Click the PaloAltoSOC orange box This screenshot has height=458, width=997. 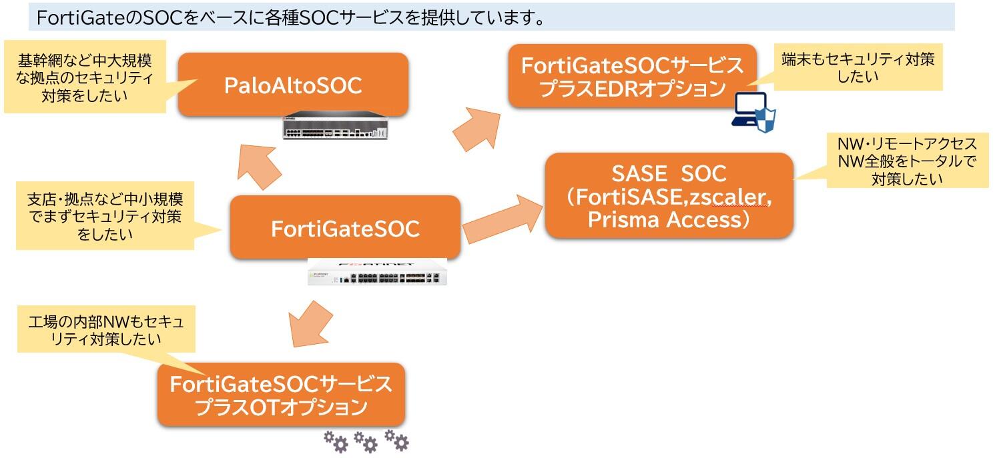tap(294, 85)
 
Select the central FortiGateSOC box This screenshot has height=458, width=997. tap(345, 228)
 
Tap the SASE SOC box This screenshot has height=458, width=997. tap(669, 195)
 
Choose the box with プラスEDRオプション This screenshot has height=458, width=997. tap(631, 76)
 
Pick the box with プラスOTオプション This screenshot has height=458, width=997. tap(281, 395)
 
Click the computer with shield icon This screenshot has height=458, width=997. tap(754, 111)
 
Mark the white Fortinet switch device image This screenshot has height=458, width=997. tap(377, 271)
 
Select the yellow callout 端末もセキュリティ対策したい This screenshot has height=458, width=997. tap(858, 67)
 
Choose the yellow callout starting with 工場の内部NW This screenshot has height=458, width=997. tap(106, 331)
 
